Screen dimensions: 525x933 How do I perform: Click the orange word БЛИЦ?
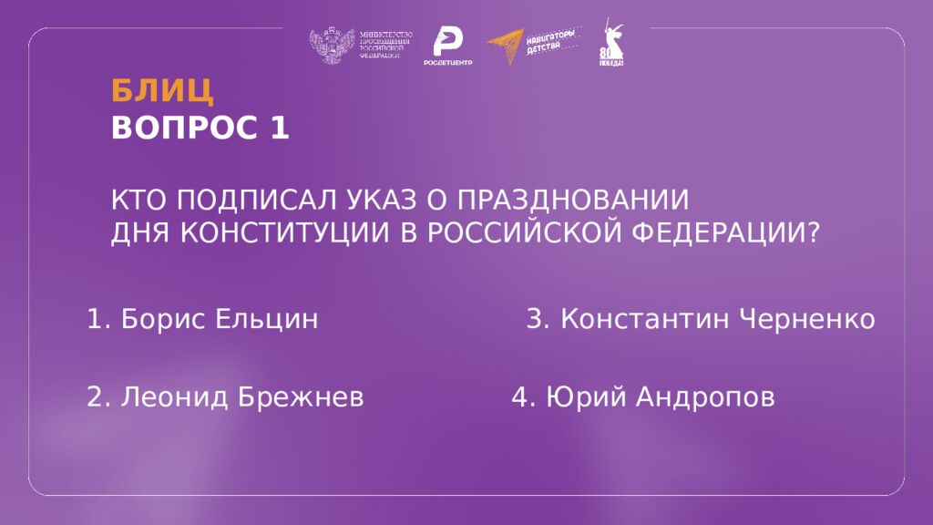pyautogui.click(x=162, y=91)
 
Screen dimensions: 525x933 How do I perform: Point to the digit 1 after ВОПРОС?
pyautogui.click(x=279, y=129)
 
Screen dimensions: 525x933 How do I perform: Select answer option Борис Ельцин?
pyautogui.click(x=202, y=320)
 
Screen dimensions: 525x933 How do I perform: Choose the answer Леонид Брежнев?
pyautogui.click(x=225, y=397)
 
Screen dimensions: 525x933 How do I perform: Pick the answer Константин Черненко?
pyautogui.click(x=701, y=320)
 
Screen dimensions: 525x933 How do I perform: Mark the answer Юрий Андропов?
pyautogui.click(x=643, y=397)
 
